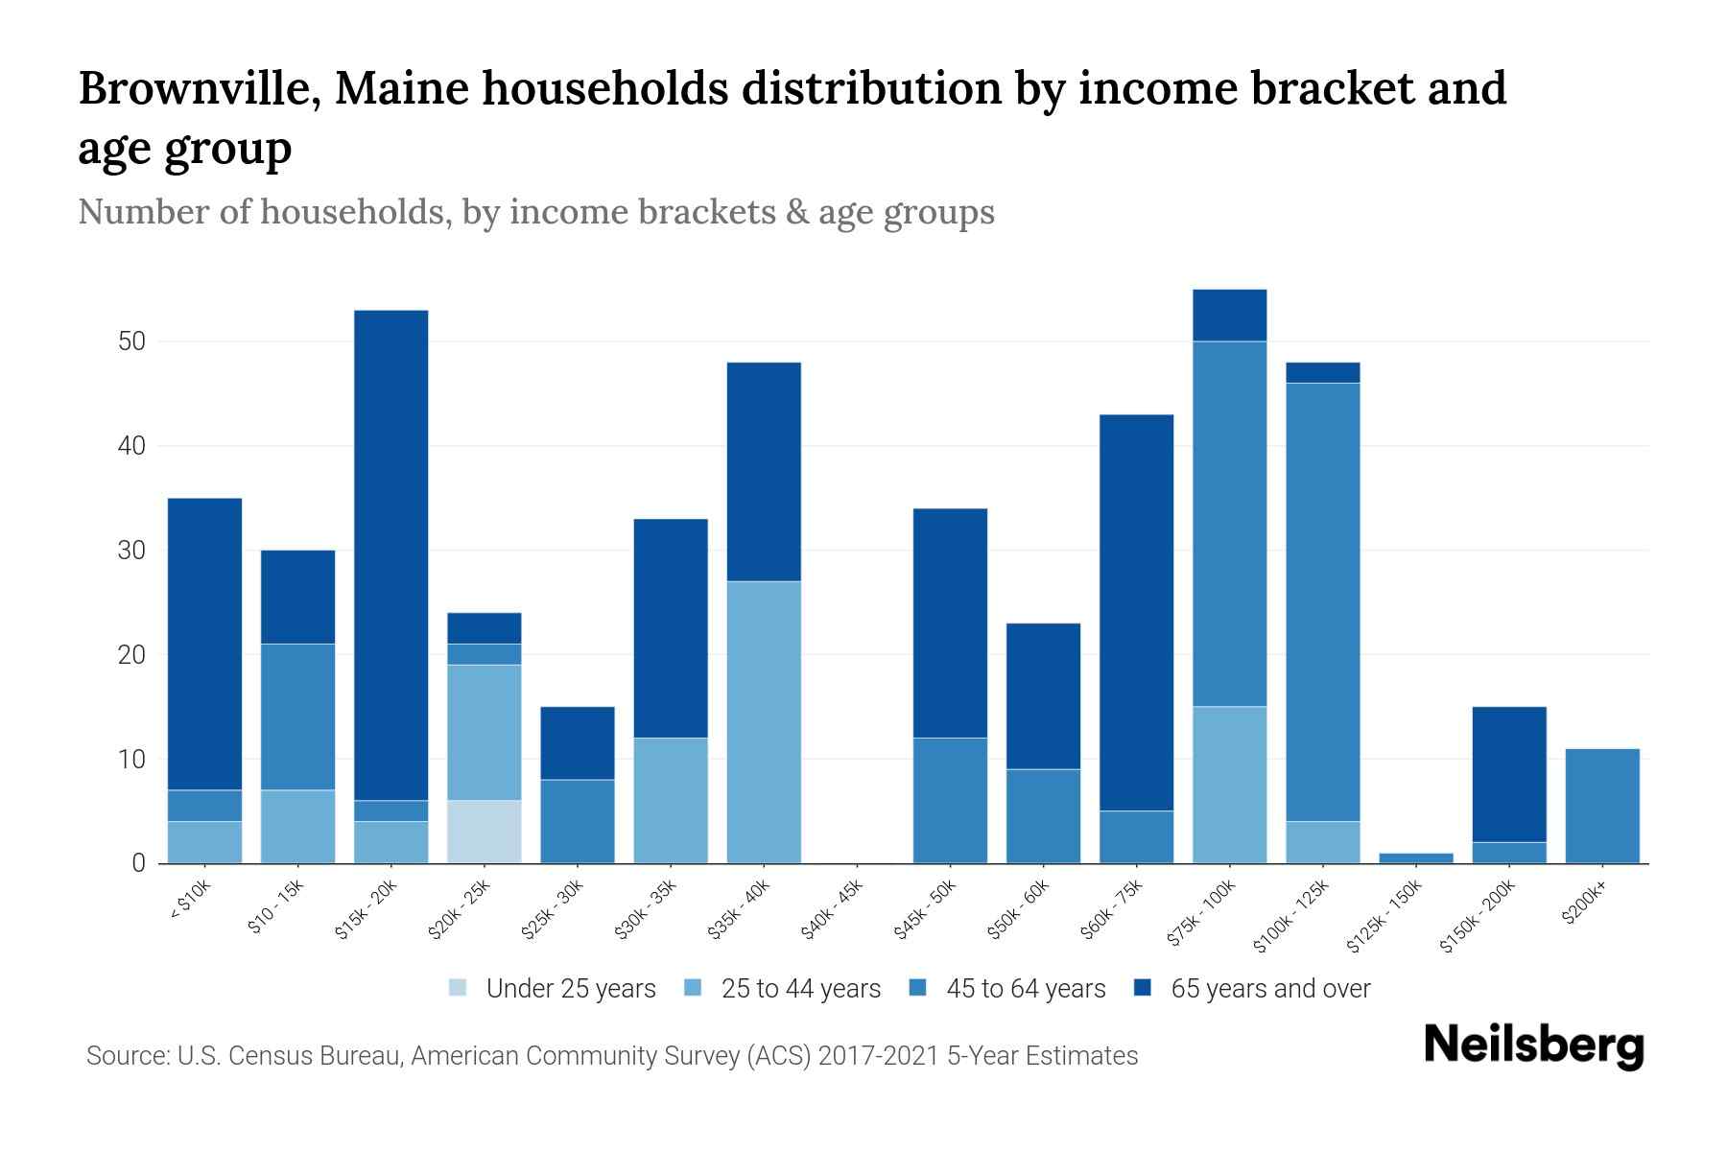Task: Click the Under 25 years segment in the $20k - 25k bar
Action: click(485, 832)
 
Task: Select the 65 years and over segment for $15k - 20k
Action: click(391, 554)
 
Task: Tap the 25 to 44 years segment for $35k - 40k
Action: click(764, 721)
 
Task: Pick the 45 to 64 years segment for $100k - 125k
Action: click(1323, 601)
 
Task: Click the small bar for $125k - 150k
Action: click(1416, 857)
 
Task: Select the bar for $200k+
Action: click(1602, 806)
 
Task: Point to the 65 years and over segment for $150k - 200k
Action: click(1509, 774)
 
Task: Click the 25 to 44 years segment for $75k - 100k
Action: click(1230, 785)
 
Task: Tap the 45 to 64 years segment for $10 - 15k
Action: click(298, 716)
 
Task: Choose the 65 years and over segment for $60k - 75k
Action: click(1137, 612)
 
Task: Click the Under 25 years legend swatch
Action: click(459, 988)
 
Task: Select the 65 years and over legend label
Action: click(1270, 988)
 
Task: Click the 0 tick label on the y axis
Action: click(139, 863)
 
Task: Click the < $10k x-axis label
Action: click(191, 903)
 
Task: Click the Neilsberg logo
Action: click(1534, 1046)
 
